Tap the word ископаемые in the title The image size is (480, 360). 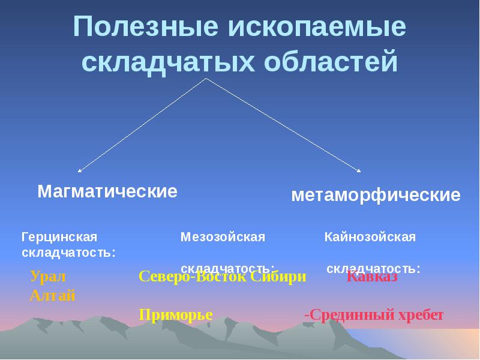click(317, 29)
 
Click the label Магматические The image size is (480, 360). click(107, 191)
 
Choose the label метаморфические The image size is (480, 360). click(376, 195)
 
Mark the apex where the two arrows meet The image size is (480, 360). click(206, 79)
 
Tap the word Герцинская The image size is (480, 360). click(59, 237)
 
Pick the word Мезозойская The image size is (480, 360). click(223, 237)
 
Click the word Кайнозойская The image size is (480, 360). click(370, 237)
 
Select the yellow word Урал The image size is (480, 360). click(47, 277)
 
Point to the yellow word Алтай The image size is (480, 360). click(52, 295)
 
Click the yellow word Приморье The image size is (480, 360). click(176, 314)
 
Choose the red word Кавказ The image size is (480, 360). click(372, 277)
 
